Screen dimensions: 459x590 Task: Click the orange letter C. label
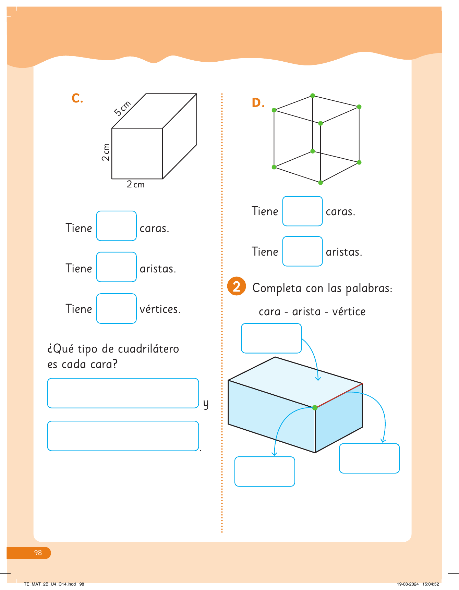click(77, 98)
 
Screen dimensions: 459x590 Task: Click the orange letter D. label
click(258, 103)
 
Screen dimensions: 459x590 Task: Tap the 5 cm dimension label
click(122, 108)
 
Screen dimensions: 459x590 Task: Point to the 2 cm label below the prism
click(136, 184)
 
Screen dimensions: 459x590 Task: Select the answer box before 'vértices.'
click(117, 308)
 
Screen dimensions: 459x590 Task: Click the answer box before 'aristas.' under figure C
click(117, 267)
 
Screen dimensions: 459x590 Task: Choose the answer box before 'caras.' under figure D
click(302, 211)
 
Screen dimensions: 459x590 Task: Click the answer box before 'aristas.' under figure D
click(302, 251)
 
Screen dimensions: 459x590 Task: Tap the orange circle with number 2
click(237, 286)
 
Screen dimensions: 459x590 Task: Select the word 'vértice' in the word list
click(349, 311)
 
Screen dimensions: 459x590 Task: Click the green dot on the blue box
click(315, 407)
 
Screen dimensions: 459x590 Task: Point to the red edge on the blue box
click(339, 395)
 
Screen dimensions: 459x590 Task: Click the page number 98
click(38, 553)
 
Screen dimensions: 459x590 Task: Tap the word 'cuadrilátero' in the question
click(148, 349)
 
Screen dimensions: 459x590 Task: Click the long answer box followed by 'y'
click(123, 393)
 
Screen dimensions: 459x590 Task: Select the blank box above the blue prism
click(271, 338)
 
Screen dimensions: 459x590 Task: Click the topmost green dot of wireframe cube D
click(313, 96)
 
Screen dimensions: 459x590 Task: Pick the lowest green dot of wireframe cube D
click(321, 183)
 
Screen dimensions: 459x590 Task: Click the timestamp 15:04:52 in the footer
click(431, 584)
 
